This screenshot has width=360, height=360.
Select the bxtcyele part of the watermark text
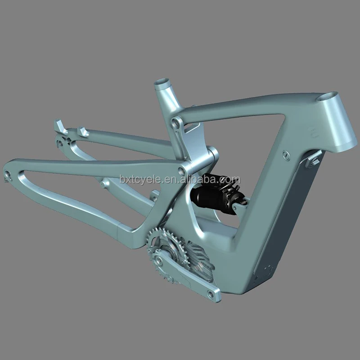(139, 180)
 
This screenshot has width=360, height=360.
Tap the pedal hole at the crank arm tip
(211, 294)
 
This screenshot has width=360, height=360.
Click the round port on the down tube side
(286, 155)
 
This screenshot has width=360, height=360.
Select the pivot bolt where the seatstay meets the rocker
(182, 170)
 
